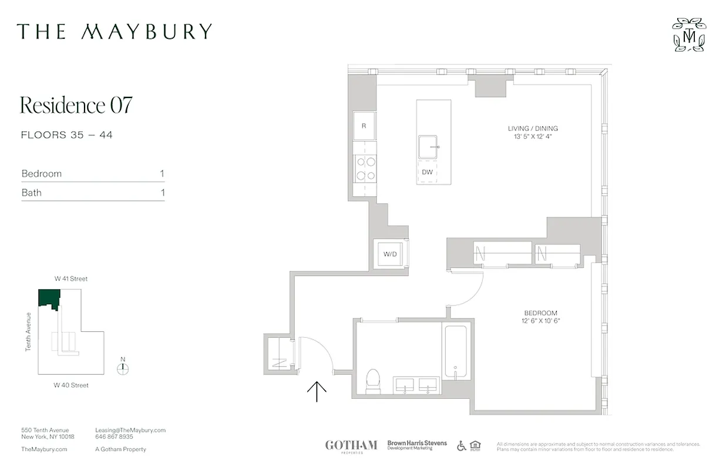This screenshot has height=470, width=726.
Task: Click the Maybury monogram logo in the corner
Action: tap(689, 35)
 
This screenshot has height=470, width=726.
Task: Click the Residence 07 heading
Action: tap(76, 105)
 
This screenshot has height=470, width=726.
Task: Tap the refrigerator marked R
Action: tap(364, 126)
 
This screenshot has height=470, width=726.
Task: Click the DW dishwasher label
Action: tap(428, 172)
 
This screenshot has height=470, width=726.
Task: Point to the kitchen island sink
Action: tap(429, 146)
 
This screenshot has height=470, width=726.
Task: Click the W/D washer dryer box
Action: tap(389, 254)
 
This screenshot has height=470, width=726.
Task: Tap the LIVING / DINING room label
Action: tap(533, 128)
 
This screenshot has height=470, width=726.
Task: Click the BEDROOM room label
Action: tap(540, 313)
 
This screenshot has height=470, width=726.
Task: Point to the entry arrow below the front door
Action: tap(317, 391)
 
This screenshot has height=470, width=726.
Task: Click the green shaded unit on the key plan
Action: tap(48, 298)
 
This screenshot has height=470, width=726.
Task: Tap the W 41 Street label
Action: tap(71, 279)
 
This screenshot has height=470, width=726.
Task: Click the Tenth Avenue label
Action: tap(28, 332)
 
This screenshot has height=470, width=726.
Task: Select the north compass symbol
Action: tap(123, 368)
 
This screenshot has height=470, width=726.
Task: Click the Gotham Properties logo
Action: tap(351, 446)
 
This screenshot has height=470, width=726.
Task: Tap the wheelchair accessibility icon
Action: tap(462, 446)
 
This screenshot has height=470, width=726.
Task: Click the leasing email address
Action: tap(130, 430)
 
